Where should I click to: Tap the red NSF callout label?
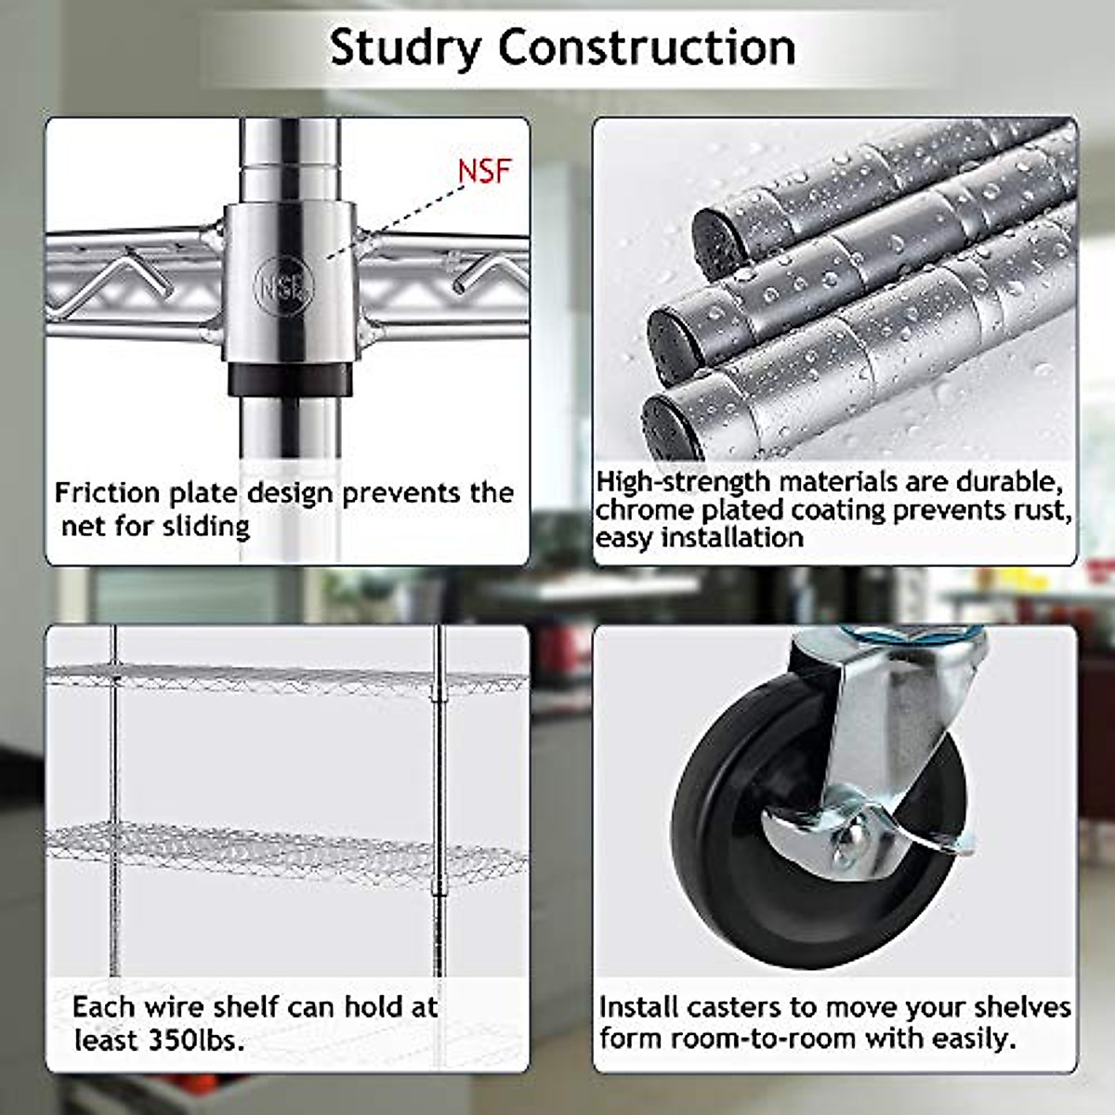(484, 171)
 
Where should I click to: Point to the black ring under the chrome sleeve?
(289, 379)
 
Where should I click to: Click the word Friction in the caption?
(108, 493)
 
